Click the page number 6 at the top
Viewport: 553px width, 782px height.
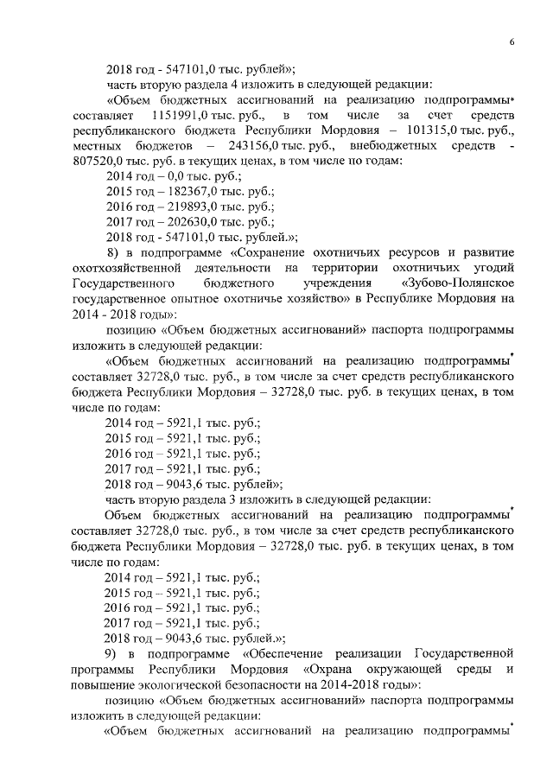pyautogui.click(x=512, y=41)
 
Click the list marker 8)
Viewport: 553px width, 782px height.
pyautogui.click(x=112, y=252)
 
